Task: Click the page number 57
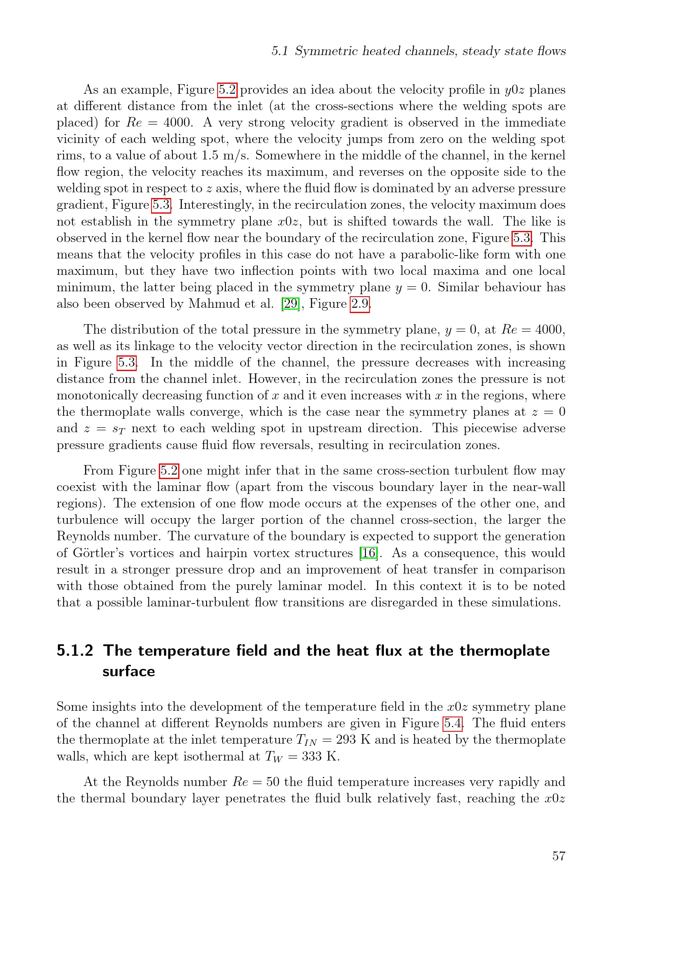(x=559, y=856)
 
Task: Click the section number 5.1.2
(x=75, y=651)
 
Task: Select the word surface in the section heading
(x=129, y=671)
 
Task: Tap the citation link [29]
(x=291, y=304)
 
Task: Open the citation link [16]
(x=368, y=553)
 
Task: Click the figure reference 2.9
(x=360, y=304)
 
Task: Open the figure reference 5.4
(x=453, y=723)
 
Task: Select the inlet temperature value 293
(x=346, y=740)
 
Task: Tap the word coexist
(x=76, y=487)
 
